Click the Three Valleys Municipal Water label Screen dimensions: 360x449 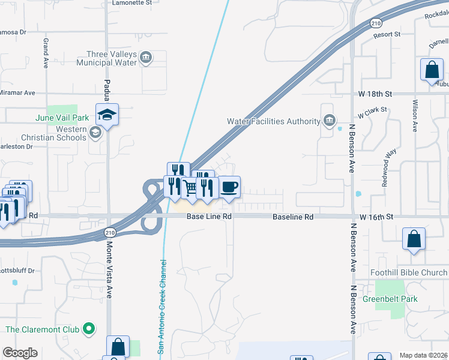[x=107, y=58]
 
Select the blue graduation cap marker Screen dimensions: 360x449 [x=107, y=115]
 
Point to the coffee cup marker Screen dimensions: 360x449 [x=229, y=187]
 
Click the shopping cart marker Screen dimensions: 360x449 [x=190, y=188]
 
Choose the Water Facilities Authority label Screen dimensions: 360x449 [x=273, y=121]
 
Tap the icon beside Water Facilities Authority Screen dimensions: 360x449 [x=329, y=122]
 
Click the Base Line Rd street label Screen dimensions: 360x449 [x=208, y=216]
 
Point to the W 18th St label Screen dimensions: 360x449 [x=376, y=94]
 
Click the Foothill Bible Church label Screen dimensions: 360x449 [x=409, y=272]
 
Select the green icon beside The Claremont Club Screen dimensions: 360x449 [x=89, y=329]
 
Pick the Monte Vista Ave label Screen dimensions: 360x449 [x=109, y=269]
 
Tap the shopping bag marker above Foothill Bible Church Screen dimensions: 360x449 [x=414, y=239]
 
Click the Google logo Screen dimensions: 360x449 [x=20, y=353]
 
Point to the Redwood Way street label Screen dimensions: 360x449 [x=390, y=168]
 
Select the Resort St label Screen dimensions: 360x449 [x=387, y=35]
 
